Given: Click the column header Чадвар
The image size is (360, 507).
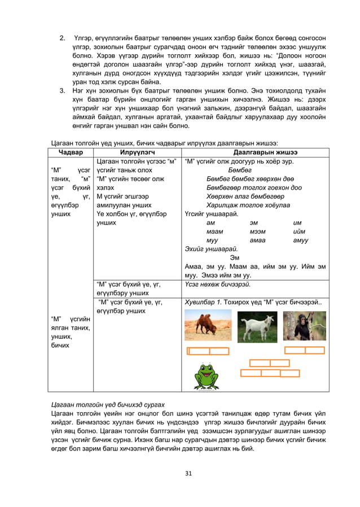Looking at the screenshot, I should point(70,152).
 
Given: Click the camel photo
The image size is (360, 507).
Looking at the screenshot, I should point(208,325).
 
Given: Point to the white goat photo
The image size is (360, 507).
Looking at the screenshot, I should point(257,326).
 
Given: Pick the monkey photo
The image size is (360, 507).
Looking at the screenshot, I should point(304,326).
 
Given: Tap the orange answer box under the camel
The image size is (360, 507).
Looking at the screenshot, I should point(208,352).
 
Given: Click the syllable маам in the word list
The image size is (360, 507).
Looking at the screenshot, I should point(214,231).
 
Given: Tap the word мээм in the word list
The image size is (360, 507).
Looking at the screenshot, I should point(257,231).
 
